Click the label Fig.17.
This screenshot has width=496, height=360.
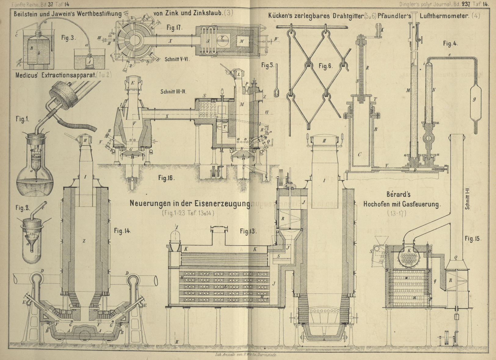pyautogui.click(x=174, y=27)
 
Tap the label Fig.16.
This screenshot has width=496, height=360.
pyautogui.click(x=166, y=178)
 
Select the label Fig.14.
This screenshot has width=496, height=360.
pyautogui.click(x=122, y=231)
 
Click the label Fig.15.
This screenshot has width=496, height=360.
pyautogui.click(x=473, y=239)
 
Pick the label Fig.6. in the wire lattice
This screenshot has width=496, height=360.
pyautogui.click(x=325, y=66)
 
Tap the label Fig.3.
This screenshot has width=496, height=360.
pyautogui.click(x=68, y=38)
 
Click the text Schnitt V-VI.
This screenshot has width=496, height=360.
pyautogui.click(x=177, y=59)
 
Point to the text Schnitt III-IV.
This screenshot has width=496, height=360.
pyautogui.click(x=173, y=92)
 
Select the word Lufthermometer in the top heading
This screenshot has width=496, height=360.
pyautogui.click(x=444, y=15)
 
